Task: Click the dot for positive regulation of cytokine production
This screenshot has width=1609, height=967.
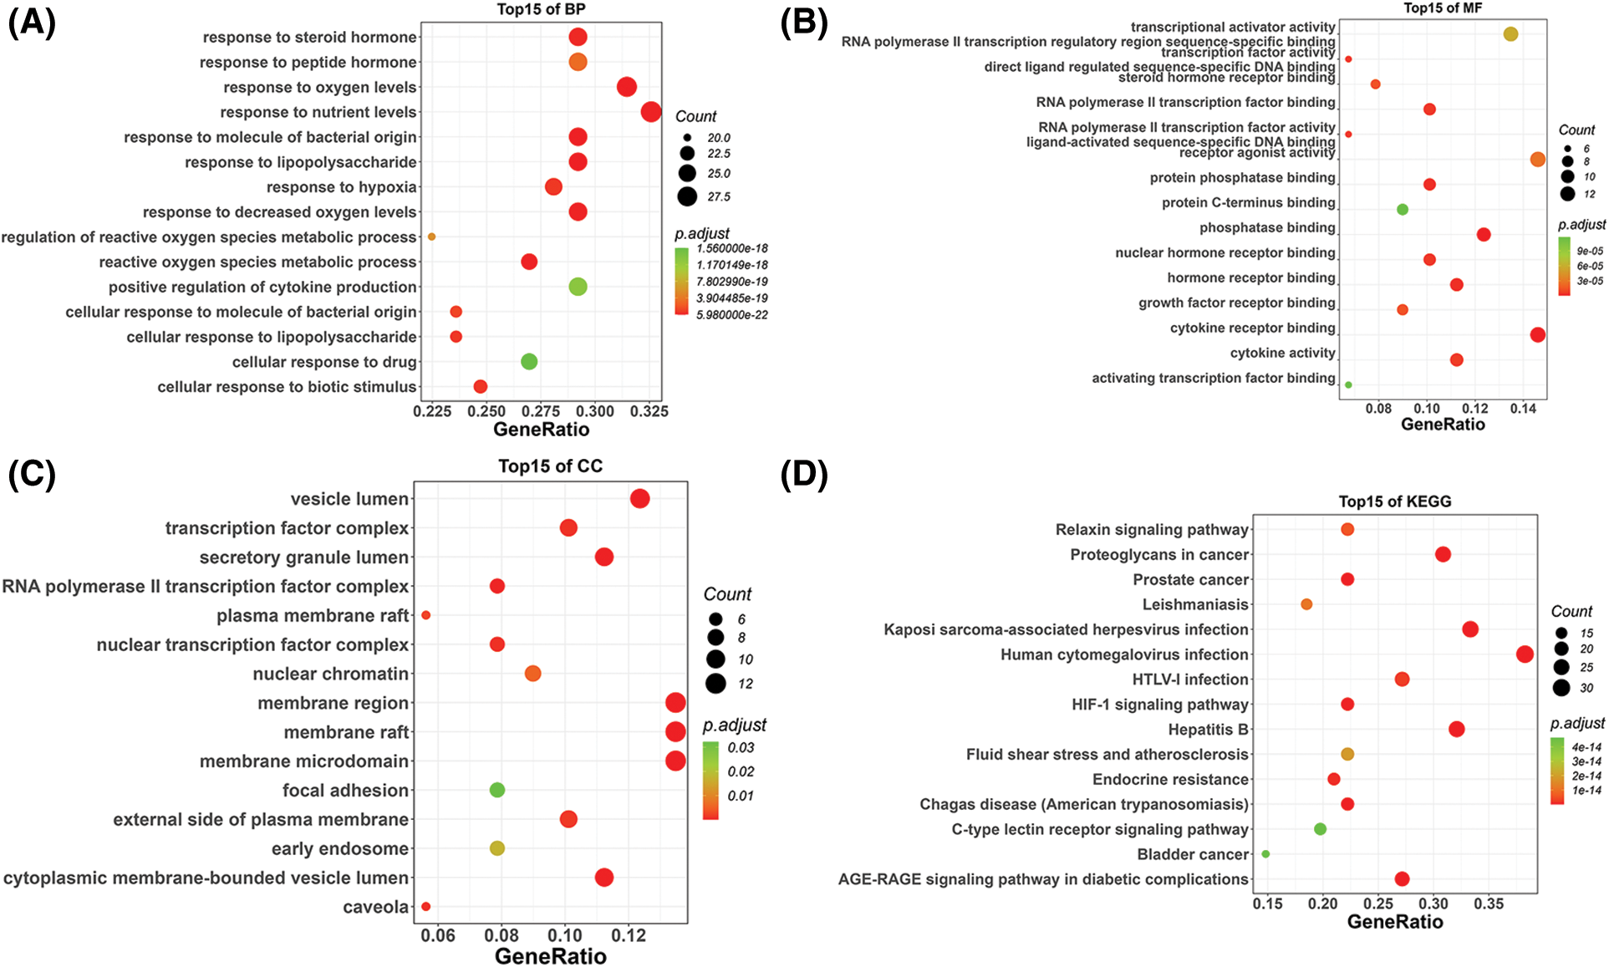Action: tap(578, 287)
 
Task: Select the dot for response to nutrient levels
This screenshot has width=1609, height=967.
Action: tap(651, 111)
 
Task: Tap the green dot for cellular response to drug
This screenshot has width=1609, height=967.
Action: tap(529, 362)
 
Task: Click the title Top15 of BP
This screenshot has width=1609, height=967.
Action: tap(541, 10)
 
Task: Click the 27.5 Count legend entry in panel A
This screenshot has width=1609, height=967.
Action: tap(688, 197)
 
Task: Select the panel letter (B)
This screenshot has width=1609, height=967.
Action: tap(803, 23)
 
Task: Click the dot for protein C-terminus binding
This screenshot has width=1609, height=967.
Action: tap(1403, 210)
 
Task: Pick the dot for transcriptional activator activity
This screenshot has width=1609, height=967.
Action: tap(1510, 34)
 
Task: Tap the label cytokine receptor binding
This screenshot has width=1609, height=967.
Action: tap(1252, 328)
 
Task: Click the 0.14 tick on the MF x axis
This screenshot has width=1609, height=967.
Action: tap(1523, 409)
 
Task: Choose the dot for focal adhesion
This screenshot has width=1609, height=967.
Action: tap(497, 790)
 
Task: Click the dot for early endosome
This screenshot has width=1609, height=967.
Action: tap(497, 848)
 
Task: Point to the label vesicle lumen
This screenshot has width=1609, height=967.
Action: tap(349, 499)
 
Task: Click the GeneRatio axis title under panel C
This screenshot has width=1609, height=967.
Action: tap(550, 956)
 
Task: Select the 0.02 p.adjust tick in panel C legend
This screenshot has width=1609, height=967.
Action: tap(741, 771)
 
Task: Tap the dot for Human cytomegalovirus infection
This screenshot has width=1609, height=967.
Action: tap(1525, 654)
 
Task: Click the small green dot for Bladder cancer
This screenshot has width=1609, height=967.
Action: tap(1265, 854)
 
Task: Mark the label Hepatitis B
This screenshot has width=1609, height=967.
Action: tap(1208, 730)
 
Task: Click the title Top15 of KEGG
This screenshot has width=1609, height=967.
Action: tap(1394, 501)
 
